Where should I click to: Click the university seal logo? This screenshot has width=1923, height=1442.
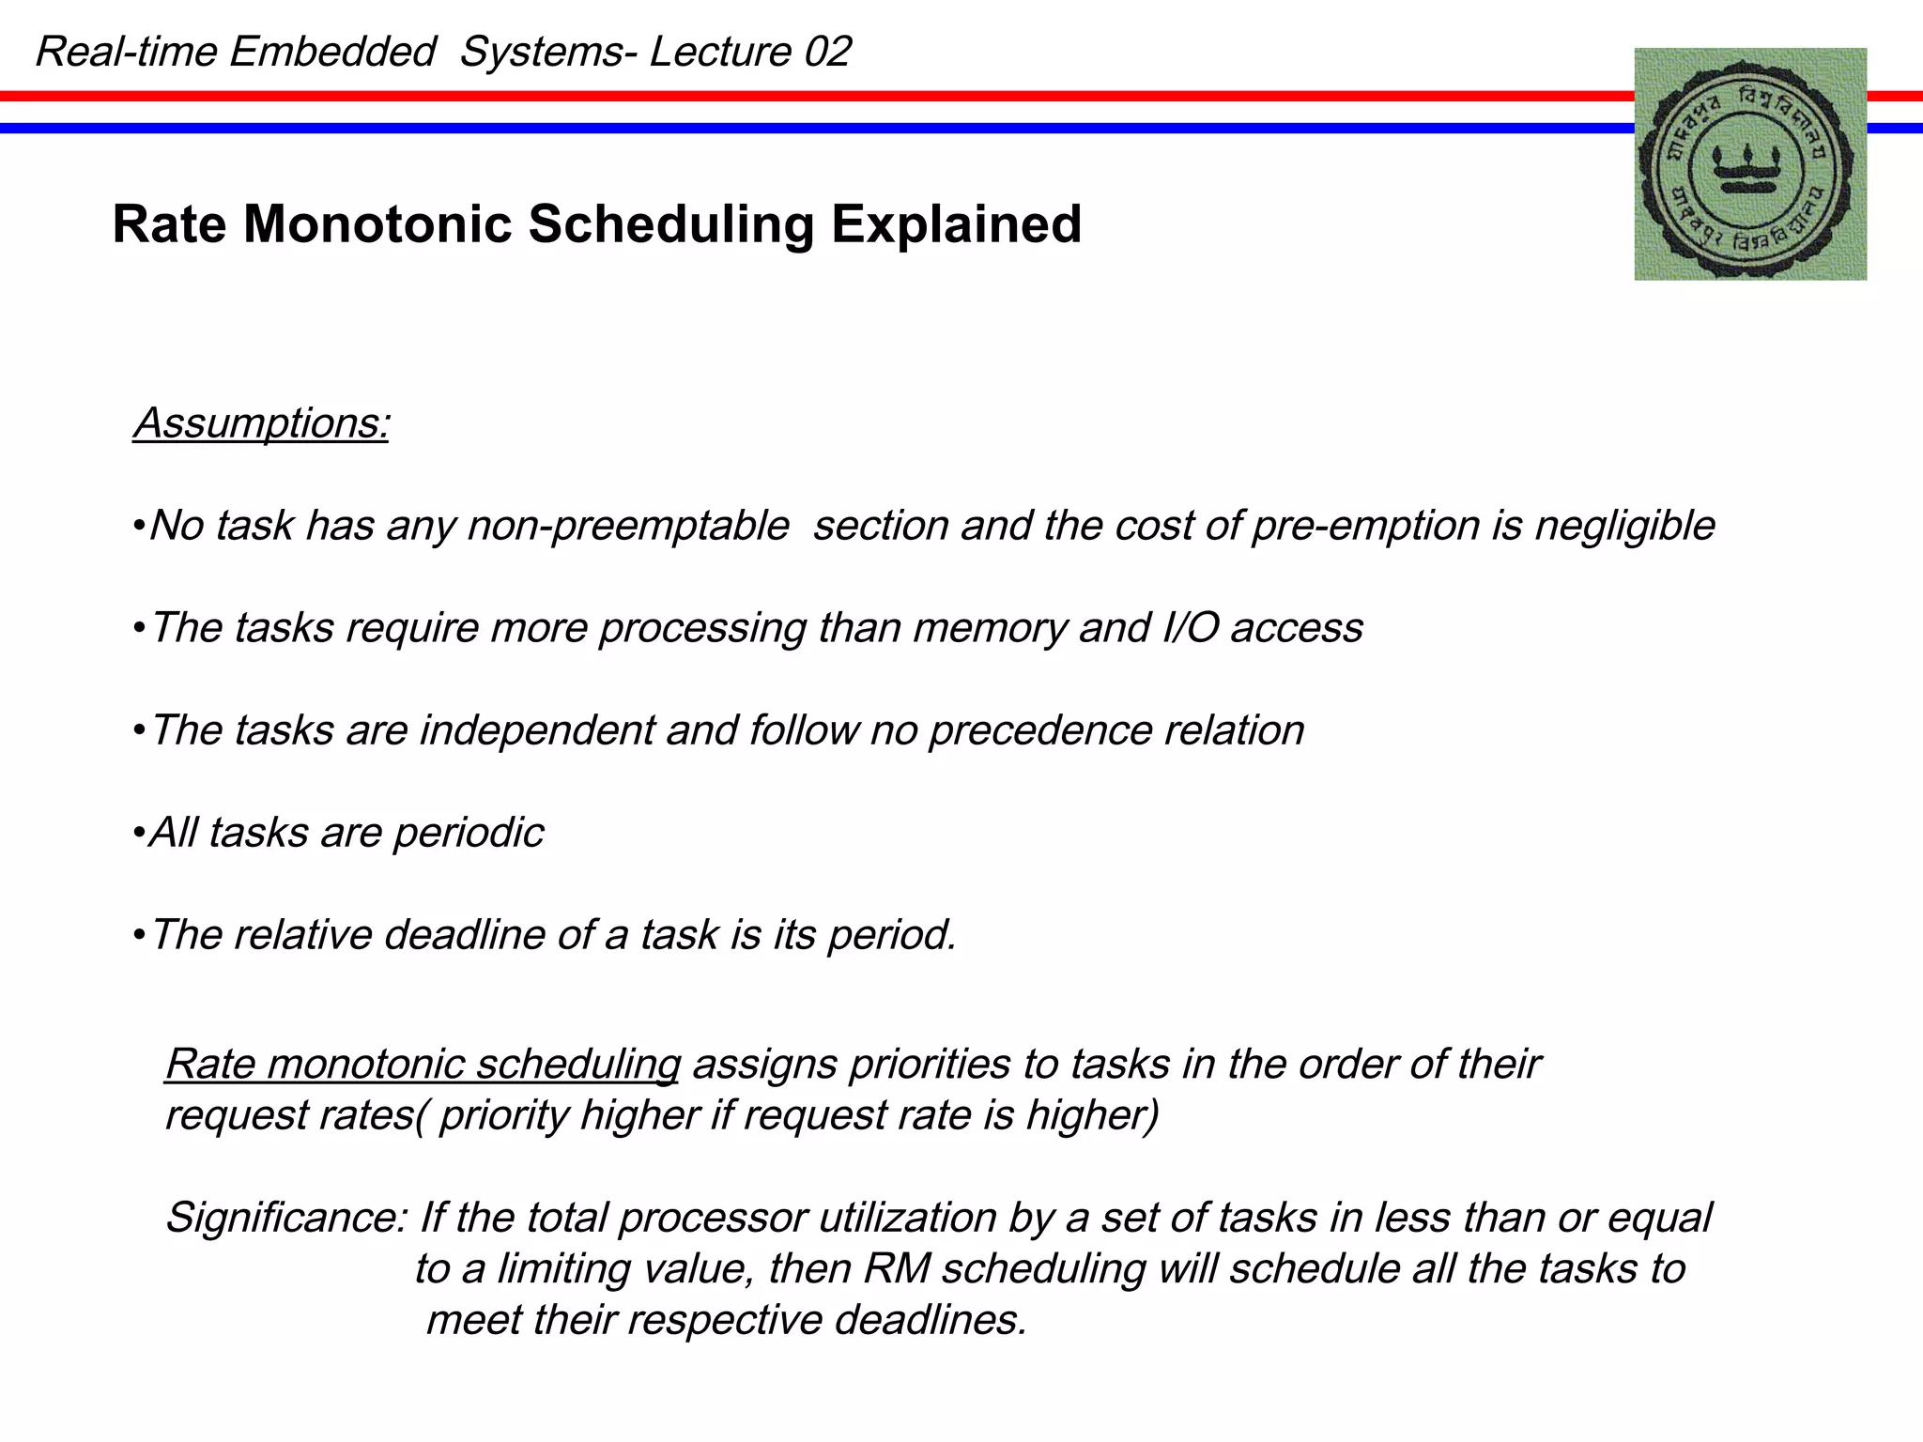click(1750, 164)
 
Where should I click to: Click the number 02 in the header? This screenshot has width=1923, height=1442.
click(827, 52)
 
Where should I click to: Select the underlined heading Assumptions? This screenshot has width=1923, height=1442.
click(261, 423)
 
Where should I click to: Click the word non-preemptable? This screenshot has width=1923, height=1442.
click(627, 526)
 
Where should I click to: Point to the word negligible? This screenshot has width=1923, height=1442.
click(1624, 526)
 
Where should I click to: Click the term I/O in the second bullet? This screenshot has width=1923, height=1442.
click(1190, 628)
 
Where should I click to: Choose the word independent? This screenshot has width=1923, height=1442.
click(536, 730)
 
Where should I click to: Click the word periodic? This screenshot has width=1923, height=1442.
click(468, 833)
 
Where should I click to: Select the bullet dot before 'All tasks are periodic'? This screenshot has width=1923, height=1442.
click(138, 833)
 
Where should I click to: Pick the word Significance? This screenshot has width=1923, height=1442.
click(285, 1218)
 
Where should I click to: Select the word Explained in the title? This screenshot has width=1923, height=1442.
click(956, 225)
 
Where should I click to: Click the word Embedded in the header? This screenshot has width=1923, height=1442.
click(331, 52)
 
